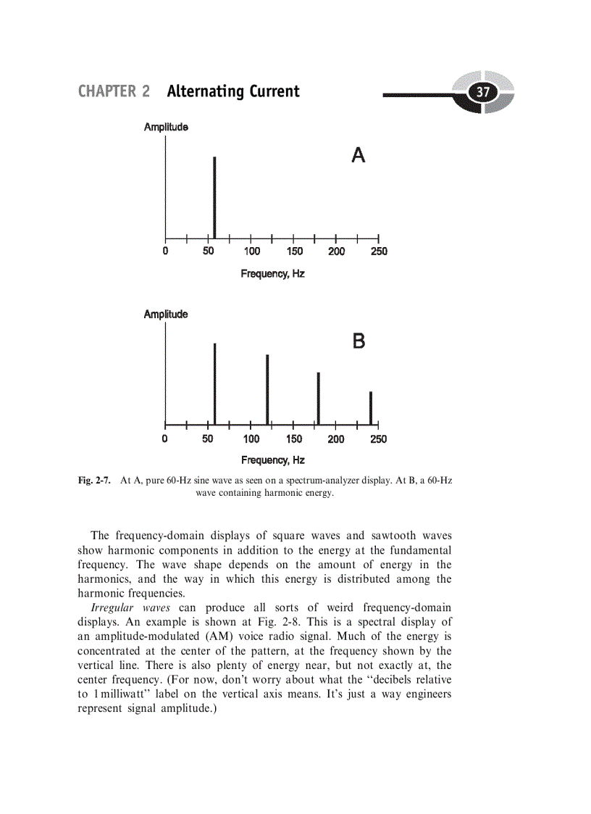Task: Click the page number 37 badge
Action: pyautogui.click(x=482, y=93)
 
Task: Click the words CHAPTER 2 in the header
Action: pyautogui.click(x=114, y=92)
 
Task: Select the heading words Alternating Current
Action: pyautogui.click(x=232, y=92)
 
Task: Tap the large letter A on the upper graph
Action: pyautogui.click(x=358, y=155)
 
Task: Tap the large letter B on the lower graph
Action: pyautogui.click(x=359, y=341)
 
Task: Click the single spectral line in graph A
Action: pyautogui.click(x=214, y=197)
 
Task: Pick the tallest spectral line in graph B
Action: pyautogui.click(x=215, y=384)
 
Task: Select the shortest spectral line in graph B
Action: pyautogui.click(x=370, y=408)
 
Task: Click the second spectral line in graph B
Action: pyautogui.click(x=267, y=389)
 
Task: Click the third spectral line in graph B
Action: pyautogui.click(x=318, y=399)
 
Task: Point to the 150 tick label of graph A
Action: pyautogui.click(x=295, y=252)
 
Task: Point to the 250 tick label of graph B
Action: pyautogui.click(x=379, y=439)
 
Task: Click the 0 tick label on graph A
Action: pyautogui.click(x=165, y=252)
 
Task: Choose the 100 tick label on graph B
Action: pyautogui.click(x=251, y=439)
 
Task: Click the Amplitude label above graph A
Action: pyautogui.click(x=166, y=128)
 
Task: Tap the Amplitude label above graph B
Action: pyautogui.click(x=166, y=315)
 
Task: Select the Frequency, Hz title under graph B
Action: pyautogui.click(x=272, y=460)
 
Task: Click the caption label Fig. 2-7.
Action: pyautogui.click(x=94, y=481)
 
